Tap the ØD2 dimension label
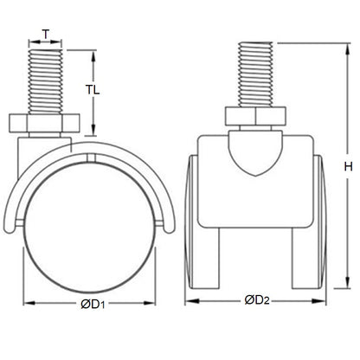point(256,300)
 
